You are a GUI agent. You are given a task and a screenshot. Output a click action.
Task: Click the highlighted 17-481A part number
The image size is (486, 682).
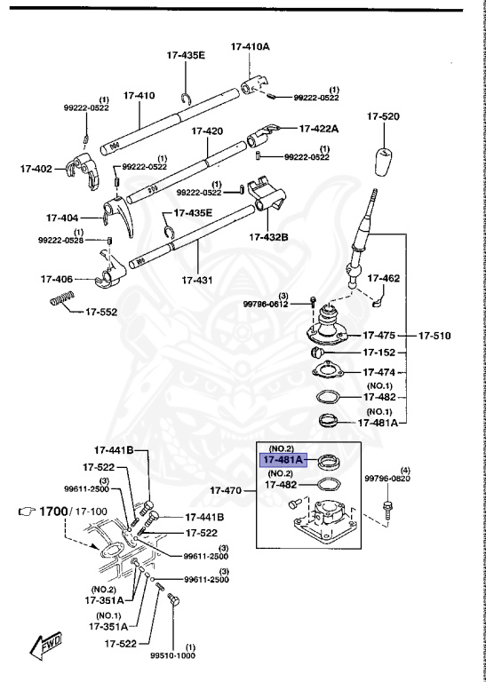282,459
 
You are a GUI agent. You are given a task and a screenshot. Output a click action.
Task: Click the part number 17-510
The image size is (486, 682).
435,336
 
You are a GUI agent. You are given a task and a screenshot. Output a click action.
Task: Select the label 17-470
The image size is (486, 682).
227,489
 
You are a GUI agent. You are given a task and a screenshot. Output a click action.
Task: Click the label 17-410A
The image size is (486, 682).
251,45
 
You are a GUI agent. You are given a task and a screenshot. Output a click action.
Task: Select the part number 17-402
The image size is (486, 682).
36,167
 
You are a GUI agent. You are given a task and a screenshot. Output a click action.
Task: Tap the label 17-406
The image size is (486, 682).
57,278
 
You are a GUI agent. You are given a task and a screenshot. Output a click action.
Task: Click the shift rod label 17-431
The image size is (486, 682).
197,280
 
